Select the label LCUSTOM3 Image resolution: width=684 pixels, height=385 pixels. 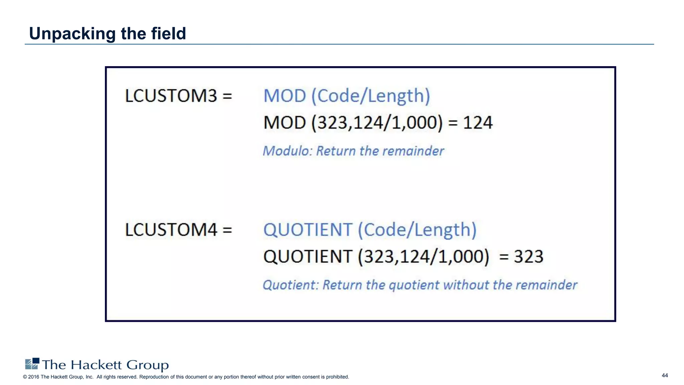(x=171, y=96)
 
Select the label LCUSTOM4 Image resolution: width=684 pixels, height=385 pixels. (x=171, y=230)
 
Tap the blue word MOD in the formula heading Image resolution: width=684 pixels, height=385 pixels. (x=285, y=96)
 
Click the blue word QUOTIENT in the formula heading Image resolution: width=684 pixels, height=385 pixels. (x=308, y=230)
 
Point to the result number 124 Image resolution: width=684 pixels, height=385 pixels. (x=478, y=123)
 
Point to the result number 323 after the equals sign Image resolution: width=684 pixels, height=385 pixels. (x=528, y=257)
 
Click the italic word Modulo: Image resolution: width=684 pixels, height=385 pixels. (x=288, y=151)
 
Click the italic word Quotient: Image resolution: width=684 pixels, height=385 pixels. (x=291, y=285)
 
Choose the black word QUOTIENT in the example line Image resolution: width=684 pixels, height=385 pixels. (x=308, y=257)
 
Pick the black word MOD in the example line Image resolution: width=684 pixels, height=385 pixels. (x=285, y=123)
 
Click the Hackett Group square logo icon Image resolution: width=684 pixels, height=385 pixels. (x=32, y=364)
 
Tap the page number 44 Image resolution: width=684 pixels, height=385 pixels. (x=665, y=375)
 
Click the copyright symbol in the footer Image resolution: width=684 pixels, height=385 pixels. (x=25, y=377)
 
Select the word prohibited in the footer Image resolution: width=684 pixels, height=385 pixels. (x=337, y=377)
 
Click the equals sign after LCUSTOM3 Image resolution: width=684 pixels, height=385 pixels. (x=227, y=96)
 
